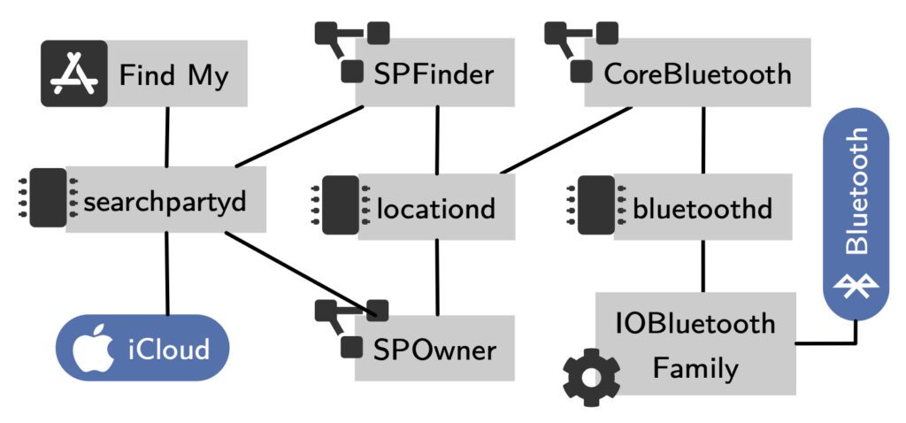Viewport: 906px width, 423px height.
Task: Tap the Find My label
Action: click(x=173, y=76)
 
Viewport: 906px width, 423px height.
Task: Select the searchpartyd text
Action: click(x=163, y=203)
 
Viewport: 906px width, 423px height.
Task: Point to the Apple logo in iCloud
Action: click(x=89, y=350)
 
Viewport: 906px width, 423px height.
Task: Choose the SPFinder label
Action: click(x=433, y=74)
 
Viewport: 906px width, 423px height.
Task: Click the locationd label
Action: click(x=435, y=210)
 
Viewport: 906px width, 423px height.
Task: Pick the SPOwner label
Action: click(x=433, y=350)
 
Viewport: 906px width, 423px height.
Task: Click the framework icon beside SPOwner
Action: click(x=353, y=326)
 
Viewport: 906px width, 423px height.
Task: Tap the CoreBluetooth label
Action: click(x=697, y=74)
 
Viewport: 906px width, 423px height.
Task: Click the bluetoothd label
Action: click(x=703, y=210)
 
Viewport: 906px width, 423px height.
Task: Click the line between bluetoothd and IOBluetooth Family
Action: click(x=703, y=265)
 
